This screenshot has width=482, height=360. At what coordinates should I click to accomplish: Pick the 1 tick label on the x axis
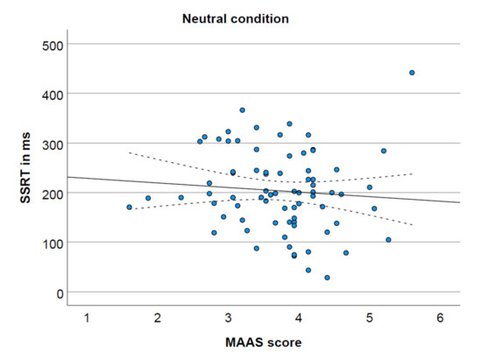coord(87,315)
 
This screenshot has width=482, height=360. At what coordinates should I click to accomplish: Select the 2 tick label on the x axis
coord(158,315)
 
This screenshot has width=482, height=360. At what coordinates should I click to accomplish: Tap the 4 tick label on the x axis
coord(299,315)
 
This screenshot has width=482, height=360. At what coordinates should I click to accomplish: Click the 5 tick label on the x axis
coord(369,315)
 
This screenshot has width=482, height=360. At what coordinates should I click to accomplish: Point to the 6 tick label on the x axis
coord(440,315)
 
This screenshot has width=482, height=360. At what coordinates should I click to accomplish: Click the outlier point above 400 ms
coord(412,73)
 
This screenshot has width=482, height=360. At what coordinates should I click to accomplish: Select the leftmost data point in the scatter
coord(130,208)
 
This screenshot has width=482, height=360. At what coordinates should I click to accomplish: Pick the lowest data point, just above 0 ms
coord(327,278)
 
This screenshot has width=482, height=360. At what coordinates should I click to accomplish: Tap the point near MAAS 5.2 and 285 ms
coord(384,151)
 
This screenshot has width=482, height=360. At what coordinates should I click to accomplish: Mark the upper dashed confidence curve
coord(175,167)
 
